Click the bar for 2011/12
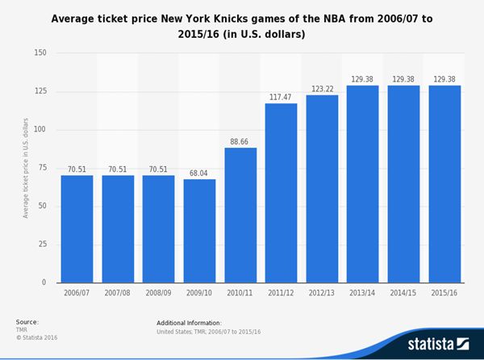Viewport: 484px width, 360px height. [x=281, y=193]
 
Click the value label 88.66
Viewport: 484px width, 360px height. [x=240, y=141]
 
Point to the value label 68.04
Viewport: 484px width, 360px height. [x=199, y=173]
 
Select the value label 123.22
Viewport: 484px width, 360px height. [x=322, y=89]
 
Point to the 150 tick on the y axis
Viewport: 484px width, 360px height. [x=40, y=53]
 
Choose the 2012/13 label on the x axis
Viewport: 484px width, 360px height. [x=322, y=295]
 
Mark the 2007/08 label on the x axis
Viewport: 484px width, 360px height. [x=118, y=295]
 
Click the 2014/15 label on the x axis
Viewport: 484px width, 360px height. [x=403, y=295]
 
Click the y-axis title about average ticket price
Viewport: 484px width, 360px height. [x=26, y=168]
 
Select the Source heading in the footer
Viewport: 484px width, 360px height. [x=27, y=321]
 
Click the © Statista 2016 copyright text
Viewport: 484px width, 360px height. [x=36, y=337]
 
